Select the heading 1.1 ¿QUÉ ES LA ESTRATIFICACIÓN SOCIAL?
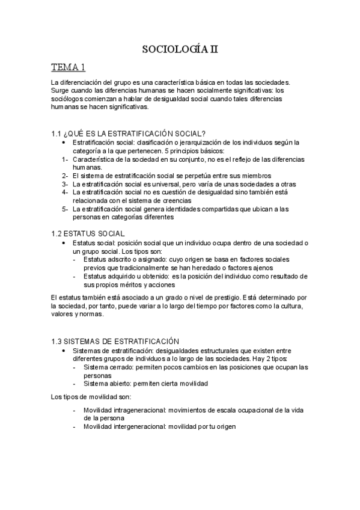[129, 133]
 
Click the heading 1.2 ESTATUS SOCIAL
[88, 232]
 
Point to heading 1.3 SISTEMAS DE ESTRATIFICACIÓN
[115, 340]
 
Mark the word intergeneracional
[143, 426]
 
